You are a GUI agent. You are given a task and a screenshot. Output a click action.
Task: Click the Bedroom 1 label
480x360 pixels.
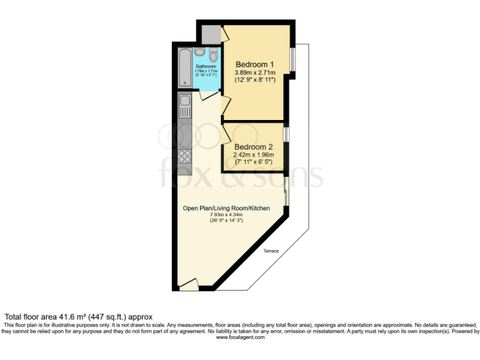coord(254,64)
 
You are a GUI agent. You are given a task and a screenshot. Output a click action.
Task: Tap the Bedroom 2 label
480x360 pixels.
coord(254,147)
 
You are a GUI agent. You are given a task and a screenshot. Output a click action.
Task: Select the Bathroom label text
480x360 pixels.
coord(206,66)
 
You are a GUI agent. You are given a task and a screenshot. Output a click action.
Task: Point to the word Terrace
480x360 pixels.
coord(271,251)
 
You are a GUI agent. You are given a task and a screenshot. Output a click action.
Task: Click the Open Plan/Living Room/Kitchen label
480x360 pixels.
coord(226,208)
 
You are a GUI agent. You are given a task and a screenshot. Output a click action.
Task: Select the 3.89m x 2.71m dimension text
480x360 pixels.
coord(254,73)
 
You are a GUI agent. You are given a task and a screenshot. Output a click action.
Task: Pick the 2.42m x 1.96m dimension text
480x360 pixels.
coord(254,155)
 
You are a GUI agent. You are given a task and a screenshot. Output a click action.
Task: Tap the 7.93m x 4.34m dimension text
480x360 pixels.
coord(226,216)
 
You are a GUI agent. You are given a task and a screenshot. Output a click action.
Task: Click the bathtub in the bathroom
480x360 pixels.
coord(184,67)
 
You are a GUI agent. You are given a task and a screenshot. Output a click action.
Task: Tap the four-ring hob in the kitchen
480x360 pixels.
coord(185,156)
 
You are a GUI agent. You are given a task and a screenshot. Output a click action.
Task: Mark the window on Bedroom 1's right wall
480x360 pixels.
coord(292,59)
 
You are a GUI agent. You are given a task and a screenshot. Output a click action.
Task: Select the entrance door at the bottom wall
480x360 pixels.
coord(189,285)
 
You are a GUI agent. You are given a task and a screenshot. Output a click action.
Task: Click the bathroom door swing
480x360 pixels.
coord(207,96)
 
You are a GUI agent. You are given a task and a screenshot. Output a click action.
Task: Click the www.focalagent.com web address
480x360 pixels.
coord(240,337)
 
